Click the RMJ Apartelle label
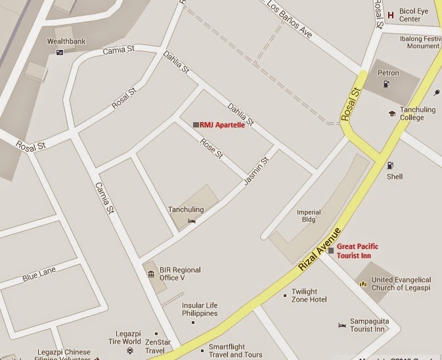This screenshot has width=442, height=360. [x=222, y=124]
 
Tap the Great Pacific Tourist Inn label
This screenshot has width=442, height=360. [x=363, y=250]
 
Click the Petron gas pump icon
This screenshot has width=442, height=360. [x=387, y=83]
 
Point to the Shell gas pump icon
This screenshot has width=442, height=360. [x=391, y=166]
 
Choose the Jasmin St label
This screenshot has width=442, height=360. [x=257, y=170]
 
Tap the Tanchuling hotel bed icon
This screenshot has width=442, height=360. [x=192, y=221]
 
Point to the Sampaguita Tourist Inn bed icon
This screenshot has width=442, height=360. [x=342, y=325]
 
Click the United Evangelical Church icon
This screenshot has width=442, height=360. [x=362, y=283]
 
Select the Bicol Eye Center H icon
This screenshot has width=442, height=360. [x=391, y=15]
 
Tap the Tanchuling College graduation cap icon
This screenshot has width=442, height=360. [x=391, y=113]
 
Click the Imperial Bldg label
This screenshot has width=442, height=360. [x=309, y=216]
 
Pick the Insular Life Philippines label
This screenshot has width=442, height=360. [x=200, y=309]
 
